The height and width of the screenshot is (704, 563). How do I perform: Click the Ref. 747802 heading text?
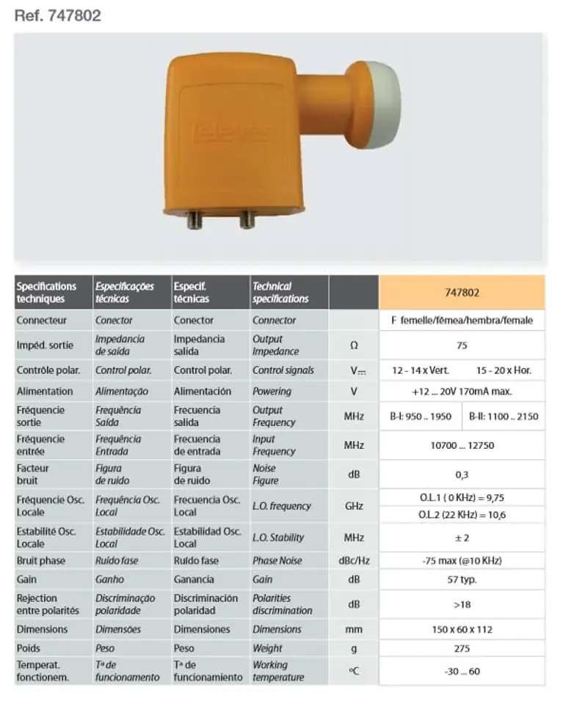click(57, 15)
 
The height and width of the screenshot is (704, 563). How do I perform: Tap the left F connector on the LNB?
click(195, 219)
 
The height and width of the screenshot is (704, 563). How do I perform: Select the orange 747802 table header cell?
click(462, 292)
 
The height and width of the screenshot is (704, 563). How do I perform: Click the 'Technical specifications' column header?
click(280, 293)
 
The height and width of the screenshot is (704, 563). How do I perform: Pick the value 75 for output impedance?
click(462, 345)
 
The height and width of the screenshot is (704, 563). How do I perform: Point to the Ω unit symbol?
click(354, 345)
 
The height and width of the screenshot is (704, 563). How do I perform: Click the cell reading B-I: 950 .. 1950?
click(421, 416)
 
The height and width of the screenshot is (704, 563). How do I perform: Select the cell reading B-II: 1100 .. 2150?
click(504, 416)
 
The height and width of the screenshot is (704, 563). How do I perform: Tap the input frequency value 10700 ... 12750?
click(462, 445)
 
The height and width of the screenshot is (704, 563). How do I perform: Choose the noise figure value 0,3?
click(462, 474)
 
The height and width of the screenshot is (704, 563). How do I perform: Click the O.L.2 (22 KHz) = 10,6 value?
click(462, 515)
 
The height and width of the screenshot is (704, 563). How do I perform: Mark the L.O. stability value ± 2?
click(462, 538)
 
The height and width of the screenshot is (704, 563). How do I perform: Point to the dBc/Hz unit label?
click(354, 561)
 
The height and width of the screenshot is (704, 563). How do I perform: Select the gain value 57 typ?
click(462, 579)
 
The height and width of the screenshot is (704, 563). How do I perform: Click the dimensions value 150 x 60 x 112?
click(462, 629)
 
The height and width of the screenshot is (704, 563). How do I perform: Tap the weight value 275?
click(462, 648)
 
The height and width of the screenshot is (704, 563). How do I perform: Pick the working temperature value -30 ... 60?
click(462, 671)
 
